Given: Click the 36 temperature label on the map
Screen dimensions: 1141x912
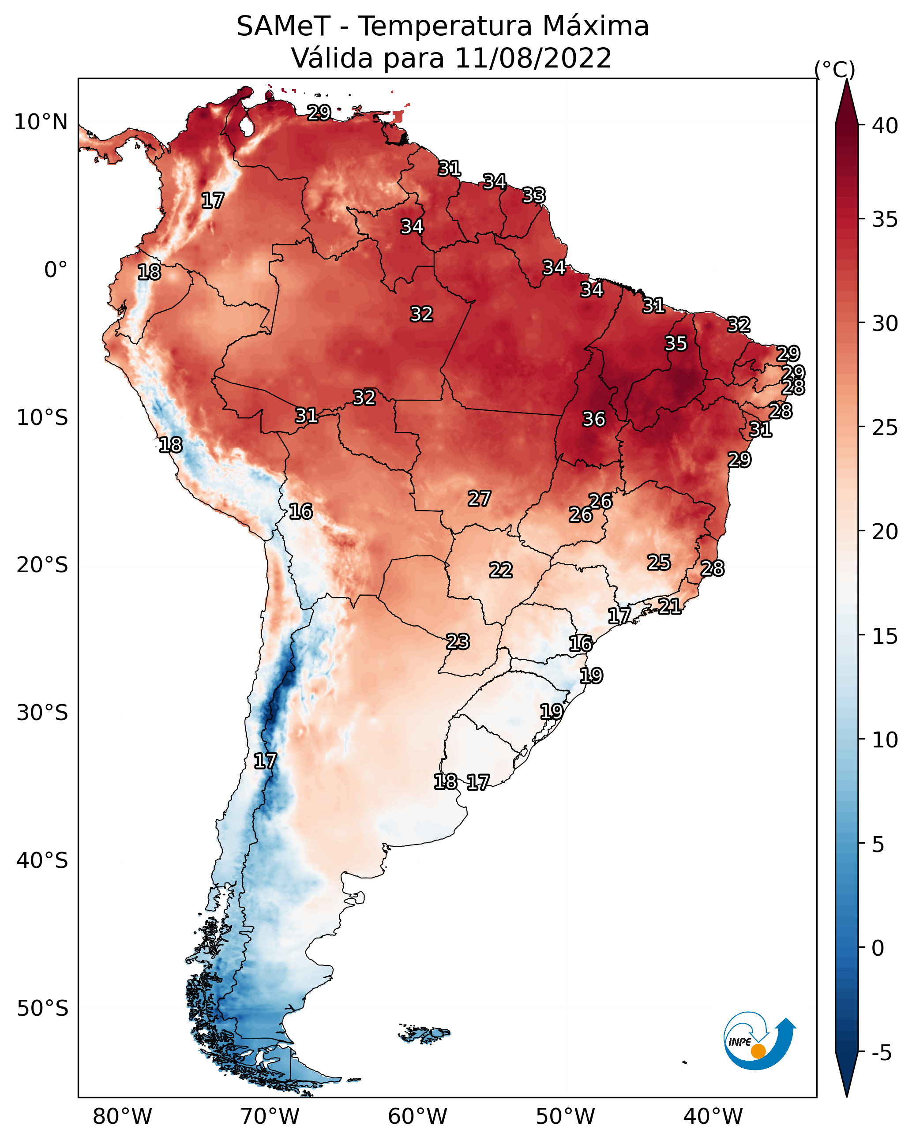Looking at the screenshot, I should point(593,419).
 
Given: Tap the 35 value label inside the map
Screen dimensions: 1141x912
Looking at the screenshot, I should point(676,343).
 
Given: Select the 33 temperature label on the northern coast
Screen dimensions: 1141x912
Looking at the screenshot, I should point(533,195).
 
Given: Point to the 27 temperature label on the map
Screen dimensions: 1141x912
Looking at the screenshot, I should point(479,498).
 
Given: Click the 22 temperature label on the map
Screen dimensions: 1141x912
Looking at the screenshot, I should point(500,570).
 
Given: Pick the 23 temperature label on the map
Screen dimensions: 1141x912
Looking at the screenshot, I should point(457,642).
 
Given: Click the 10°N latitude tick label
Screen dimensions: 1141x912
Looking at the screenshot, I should point(41,122).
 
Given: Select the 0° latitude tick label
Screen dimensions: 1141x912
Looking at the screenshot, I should point(56,270).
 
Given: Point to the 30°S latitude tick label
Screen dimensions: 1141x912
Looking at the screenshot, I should point(42,713).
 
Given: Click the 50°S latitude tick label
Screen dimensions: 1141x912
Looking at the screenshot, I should point(42,1009).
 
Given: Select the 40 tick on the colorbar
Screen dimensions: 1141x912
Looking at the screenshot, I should point(885,126).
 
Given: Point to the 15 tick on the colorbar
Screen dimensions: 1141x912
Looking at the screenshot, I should point(885,636).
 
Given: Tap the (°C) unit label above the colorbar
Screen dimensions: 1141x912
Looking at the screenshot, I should point(834,69).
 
